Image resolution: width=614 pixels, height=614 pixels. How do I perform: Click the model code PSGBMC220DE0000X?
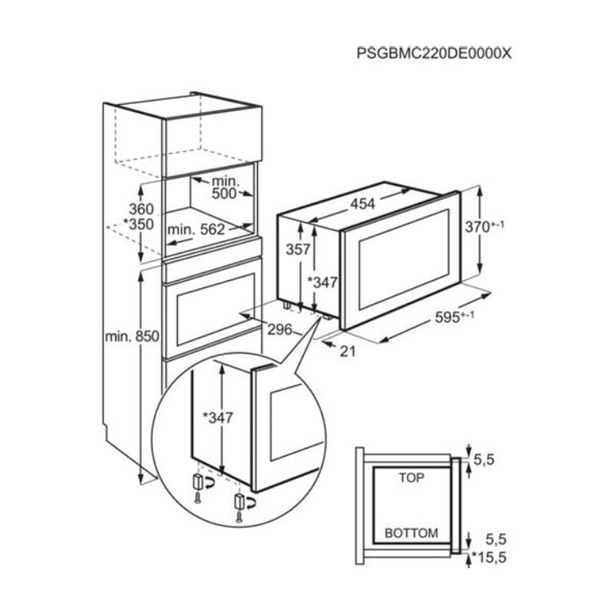click(x=434, y=53)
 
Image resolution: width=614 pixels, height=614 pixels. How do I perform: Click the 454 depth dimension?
click(x=362, y=204)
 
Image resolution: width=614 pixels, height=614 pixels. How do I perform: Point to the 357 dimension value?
click(x=298, y=249)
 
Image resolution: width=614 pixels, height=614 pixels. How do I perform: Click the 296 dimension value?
click(x=280, y=329)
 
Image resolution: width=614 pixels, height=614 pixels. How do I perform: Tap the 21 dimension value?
click(x=348, y=351)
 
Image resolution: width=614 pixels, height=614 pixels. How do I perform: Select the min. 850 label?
click(x=132, y=336)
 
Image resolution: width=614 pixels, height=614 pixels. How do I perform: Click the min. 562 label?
click(x=196, y=229)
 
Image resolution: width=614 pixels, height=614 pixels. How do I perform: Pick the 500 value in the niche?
click(x=224, y=193)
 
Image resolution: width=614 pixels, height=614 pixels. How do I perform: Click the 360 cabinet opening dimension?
click(x=142, y=209)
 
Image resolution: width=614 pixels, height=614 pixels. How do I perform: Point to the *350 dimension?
click(x=138, y=224)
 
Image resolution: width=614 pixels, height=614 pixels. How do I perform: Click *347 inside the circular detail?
click(x=218, y=418)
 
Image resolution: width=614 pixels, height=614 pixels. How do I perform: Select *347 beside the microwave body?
click(x=323, y=282)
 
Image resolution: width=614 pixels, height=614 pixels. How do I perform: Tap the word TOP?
click(x=411, y=478)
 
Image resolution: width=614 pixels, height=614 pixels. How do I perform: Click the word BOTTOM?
click(x=411, y=533)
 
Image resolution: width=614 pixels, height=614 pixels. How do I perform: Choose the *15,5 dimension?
click(x=490, y=557)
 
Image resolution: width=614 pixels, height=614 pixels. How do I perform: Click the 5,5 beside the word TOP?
click(x=485, y=460)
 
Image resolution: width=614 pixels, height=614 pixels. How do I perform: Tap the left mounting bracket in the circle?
click(x=198, y=481)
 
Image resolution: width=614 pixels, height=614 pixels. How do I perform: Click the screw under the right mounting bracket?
click(x=238, y=517)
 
